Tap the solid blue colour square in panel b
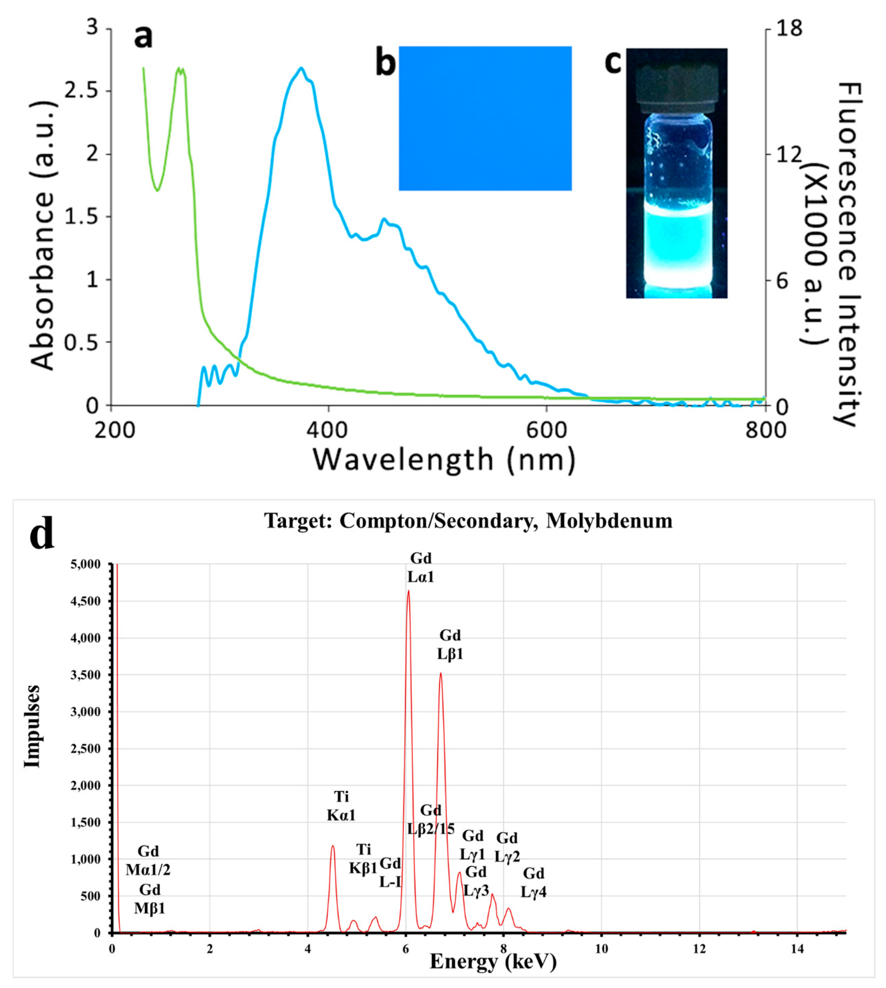coord(485,118)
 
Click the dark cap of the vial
coord(677,83)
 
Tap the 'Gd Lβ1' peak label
coord(450,645)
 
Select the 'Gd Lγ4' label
coord(533,883)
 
